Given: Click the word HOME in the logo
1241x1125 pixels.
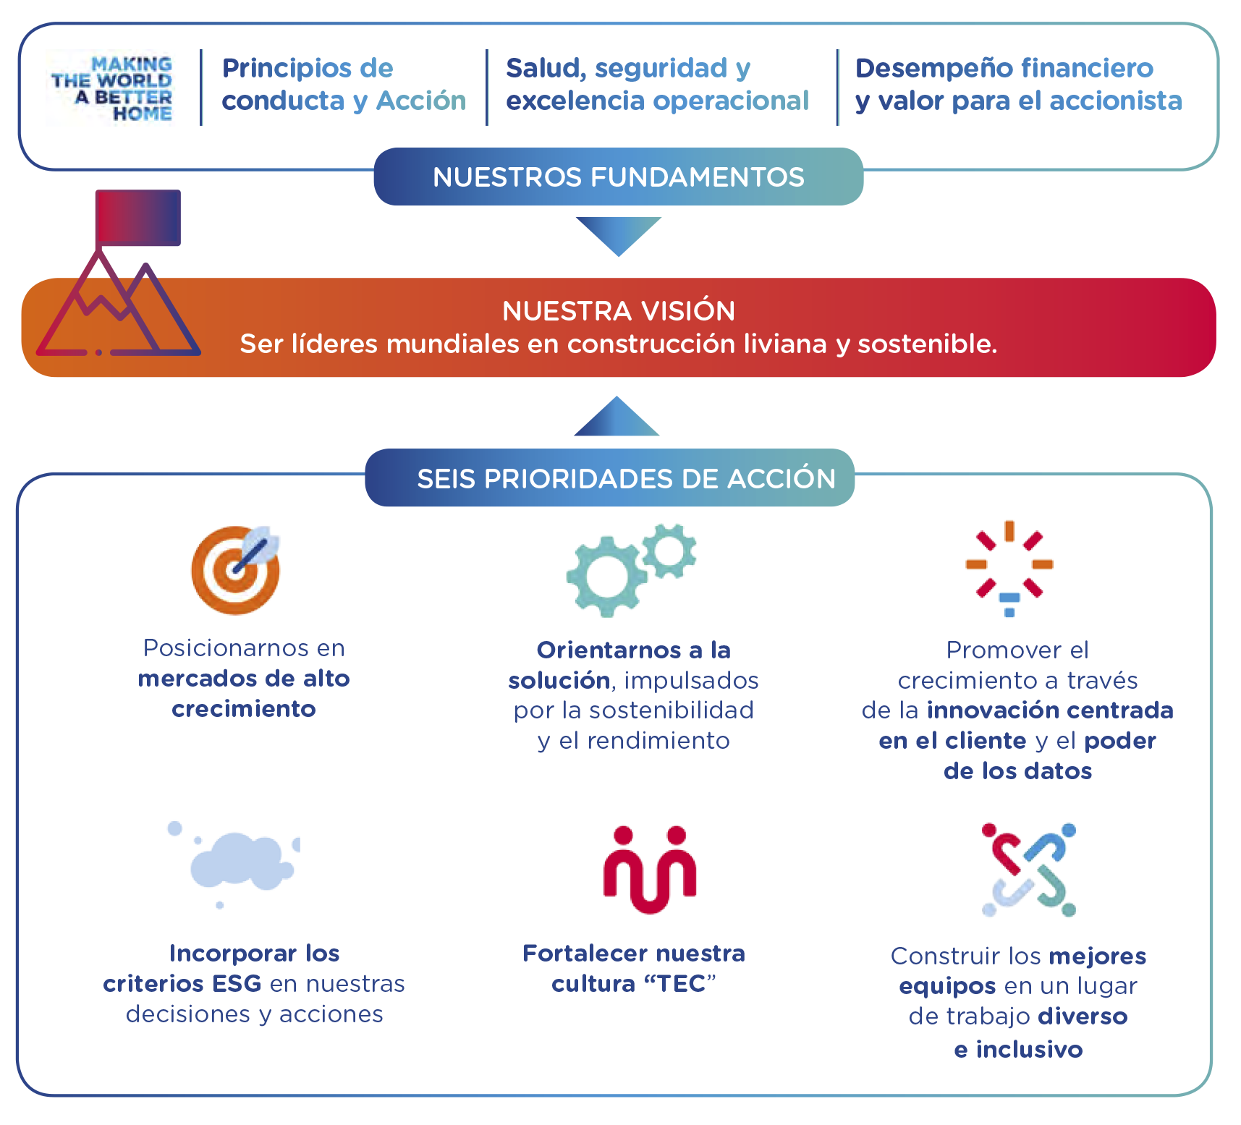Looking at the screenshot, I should tap(143, 114).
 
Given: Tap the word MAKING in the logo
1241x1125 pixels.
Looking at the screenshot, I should tap(132, 64).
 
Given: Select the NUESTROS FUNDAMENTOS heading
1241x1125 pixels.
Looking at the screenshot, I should tap(618, 177).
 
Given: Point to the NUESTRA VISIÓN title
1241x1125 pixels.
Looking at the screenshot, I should tap(618, 311).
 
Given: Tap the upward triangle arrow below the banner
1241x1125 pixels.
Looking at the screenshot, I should tap(617, 418).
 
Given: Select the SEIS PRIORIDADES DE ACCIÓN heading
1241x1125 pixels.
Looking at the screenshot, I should tap(626, 479).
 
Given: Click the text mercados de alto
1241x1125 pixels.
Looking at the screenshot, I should tap(244, 679).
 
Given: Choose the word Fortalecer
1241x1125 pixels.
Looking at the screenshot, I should tap(576, 954).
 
